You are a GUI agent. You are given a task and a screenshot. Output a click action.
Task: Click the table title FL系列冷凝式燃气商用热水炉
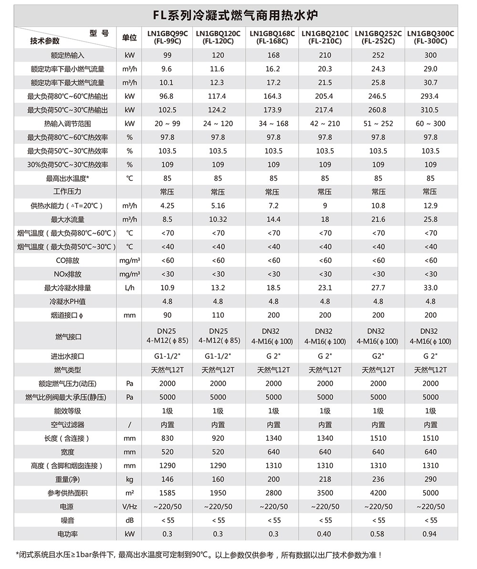pyautogui.click(x=236, y=16)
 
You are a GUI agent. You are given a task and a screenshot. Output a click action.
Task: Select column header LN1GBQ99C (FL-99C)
pyautogui.click(x=167, y=37)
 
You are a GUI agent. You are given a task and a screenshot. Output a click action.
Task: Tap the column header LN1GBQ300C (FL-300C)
pyautogui.click(x=430, y=37)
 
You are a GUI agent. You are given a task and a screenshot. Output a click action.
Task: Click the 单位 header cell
pyautogui.click(x=129, y=38)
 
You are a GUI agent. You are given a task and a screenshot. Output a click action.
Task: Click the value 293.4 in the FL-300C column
pyautogui.click(x=430, y=96)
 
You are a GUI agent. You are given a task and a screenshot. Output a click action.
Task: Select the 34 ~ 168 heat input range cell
pyautogui.click(x=273, y=124)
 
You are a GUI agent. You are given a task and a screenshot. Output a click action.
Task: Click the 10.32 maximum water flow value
pyautogui.click(x=218, y=219)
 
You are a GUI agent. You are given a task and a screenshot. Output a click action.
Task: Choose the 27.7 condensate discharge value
pyautogui.click(x=378, y=288)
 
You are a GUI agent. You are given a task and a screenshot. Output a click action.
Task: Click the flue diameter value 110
pyautogui.click(x=218, y=315)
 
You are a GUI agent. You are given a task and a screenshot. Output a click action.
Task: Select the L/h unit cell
pyautogui.click(x=129, y=288)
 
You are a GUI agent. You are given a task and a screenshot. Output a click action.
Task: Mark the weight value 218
pyautogui.click(x=325, y=479)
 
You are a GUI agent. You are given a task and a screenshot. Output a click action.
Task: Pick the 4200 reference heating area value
pyautogui.click(x=378, y=493)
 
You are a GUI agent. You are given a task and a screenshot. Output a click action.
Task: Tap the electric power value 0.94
pyautogui.click(x=430, y=534)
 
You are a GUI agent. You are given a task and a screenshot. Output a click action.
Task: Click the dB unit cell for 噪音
pyautogui.click(x=129, y=520)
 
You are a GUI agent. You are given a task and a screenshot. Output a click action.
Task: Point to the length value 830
pyautogui.click(x=167, y=438)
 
